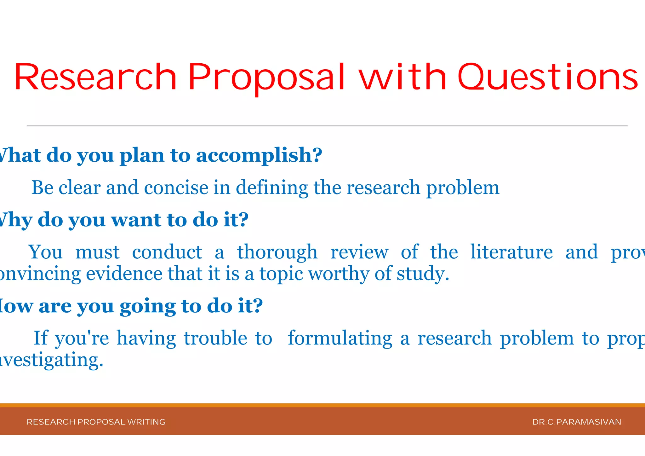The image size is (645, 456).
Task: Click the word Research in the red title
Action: click(95, 77)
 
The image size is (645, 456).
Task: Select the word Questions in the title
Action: click(548, 77)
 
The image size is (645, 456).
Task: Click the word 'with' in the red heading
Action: click(403, 77)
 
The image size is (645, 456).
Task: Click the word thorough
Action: click(277, 252)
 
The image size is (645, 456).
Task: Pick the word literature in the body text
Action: click(511, 252)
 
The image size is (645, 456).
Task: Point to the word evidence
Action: click(124, 274)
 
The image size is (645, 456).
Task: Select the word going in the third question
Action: click(147, 306)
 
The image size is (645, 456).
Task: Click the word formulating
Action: click(340, 338)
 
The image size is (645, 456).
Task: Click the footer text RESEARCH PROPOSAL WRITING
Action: click(96, 422)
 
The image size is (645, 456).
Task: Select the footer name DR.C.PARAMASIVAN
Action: click(577, 422)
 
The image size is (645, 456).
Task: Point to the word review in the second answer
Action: click(359, 252)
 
